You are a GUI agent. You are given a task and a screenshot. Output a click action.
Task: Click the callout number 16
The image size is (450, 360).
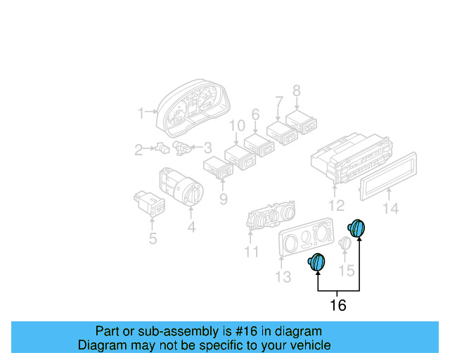pyautogui.click(x=338, y=305)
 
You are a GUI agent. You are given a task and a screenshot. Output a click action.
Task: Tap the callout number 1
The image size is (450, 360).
pyautogui.click(x=141, y=112)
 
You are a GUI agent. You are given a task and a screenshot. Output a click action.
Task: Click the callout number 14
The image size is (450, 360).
pyautogui.click(x=390, y=208)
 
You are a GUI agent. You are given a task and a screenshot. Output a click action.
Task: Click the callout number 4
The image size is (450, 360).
pyautogui.click(x=191, y=227)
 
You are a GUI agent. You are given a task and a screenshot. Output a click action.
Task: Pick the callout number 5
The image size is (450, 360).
pyautogui.click(x=152, y=239)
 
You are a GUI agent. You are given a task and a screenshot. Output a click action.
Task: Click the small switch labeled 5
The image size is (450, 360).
pyautogui.click(x=150, y=202)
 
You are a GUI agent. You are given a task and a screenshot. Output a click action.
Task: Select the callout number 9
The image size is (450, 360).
pyautogui.click(x=223, y=200)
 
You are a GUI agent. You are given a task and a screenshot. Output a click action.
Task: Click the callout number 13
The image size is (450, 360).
pyautogui.click(x=282, y=277)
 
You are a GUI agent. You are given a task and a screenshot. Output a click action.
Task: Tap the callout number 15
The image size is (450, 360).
pyautogui.click(x=347, y=270)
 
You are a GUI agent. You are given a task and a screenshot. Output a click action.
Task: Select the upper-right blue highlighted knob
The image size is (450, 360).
pyautogui.click(x=358, y=229)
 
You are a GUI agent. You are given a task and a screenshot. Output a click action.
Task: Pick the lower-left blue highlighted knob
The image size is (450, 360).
pyautogui.click(x=316, y=262)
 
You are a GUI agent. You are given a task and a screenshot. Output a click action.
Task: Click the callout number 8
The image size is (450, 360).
pyautogui.click(x=296, y=91)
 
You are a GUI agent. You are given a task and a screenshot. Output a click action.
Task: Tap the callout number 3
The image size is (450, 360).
pyautogui.click(x=207, y=148)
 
